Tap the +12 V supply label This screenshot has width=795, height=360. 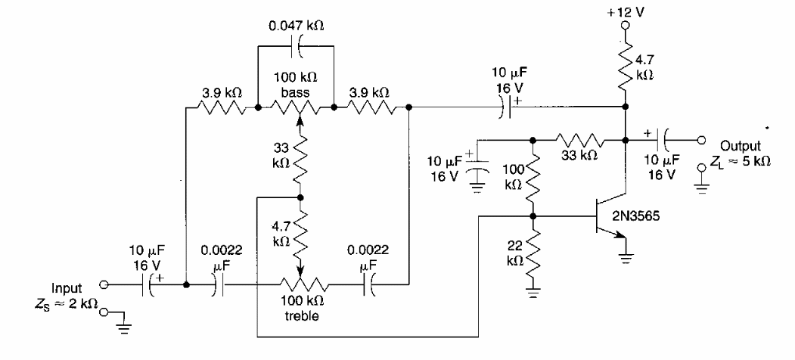(x=625, y=12)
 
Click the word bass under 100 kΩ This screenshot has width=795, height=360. (x=297, y=92)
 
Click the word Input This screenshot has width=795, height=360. (x=68, y=288)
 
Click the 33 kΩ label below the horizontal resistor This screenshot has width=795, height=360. (x=580, y=156)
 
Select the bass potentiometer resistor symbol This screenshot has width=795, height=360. (x=297, y=108)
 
